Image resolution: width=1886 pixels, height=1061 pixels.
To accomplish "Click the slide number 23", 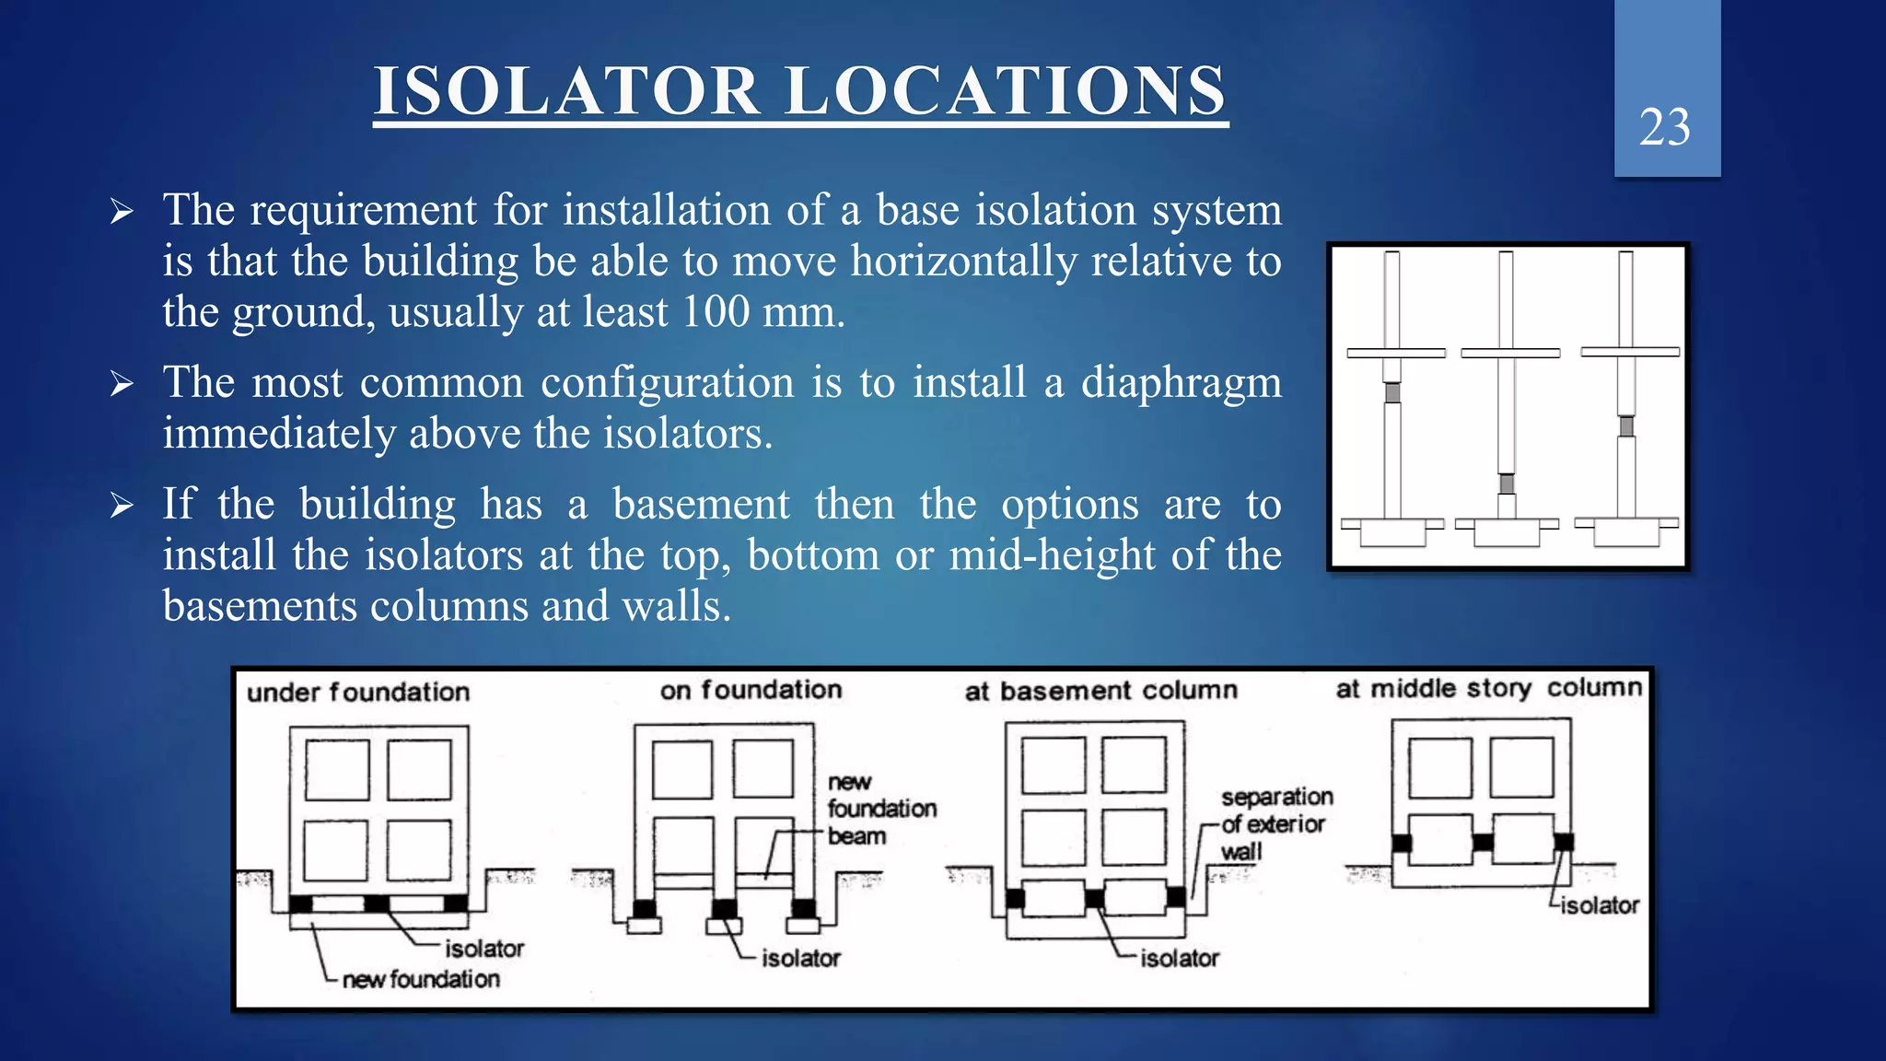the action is click(1665, 127).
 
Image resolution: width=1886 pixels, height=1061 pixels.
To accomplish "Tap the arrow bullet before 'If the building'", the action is click(122, 506).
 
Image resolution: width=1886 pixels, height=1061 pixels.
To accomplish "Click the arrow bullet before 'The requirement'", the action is click(122, 212).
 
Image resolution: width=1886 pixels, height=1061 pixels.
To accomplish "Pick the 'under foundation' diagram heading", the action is click(358, 692).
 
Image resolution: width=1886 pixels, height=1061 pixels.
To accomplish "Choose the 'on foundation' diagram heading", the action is click(751, 690).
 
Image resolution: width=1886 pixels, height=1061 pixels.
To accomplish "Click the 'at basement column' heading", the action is click(1100, 691).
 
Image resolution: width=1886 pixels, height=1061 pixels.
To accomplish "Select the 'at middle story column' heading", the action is click(1488, 689).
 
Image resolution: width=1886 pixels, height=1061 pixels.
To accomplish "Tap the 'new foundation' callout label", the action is click(421, 979).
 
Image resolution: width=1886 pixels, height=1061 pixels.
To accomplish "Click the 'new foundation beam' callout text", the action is click(880, 809).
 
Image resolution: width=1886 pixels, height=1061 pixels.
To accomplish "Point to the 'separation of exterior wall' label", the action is click(1276, 823).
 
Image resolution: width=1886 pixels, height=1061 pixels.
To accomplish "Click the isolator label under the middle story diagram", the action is click(1600, 905).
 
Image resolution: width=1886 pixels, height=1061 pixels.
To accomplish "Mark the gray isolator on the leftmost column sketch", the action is click(1392, 392).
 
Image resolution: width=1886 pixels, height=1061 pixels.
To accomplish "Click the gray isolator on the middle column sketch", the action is click(1507, 484).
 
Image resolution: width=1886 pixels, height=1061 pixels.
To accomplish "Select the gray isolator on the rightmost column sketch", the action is click(1627, 426).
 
